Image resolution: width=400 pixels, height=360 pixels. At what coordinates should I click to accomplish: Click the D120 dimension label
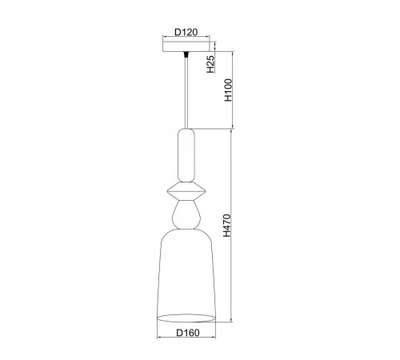coord(186,32)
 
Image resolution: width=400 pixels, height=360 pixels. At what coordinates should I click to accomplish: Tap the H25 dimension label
coord(210,64)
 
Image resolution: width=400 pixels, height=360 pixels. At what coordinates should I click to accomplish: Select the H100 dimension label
coord(229,90)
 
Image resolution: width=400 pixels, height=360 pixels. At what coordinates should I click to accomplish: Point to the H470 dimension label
coord(227,226)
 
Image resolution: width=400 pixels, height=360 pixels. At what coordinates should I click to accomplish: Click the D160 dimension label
coord(188,333)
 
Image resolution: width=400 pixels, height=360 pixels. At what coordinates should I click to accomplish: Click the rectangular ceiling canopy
coord(186,46)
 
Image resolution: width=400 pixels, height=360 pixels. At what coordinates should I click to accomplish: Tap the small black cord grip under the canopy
coord(186,54)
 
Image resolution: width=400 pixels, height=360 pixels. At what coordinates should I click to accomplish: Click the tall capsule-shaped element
coord(186,155)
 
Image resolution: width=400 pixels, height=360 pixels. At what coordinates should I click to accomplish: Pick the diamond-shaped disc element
coord(186,191)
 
